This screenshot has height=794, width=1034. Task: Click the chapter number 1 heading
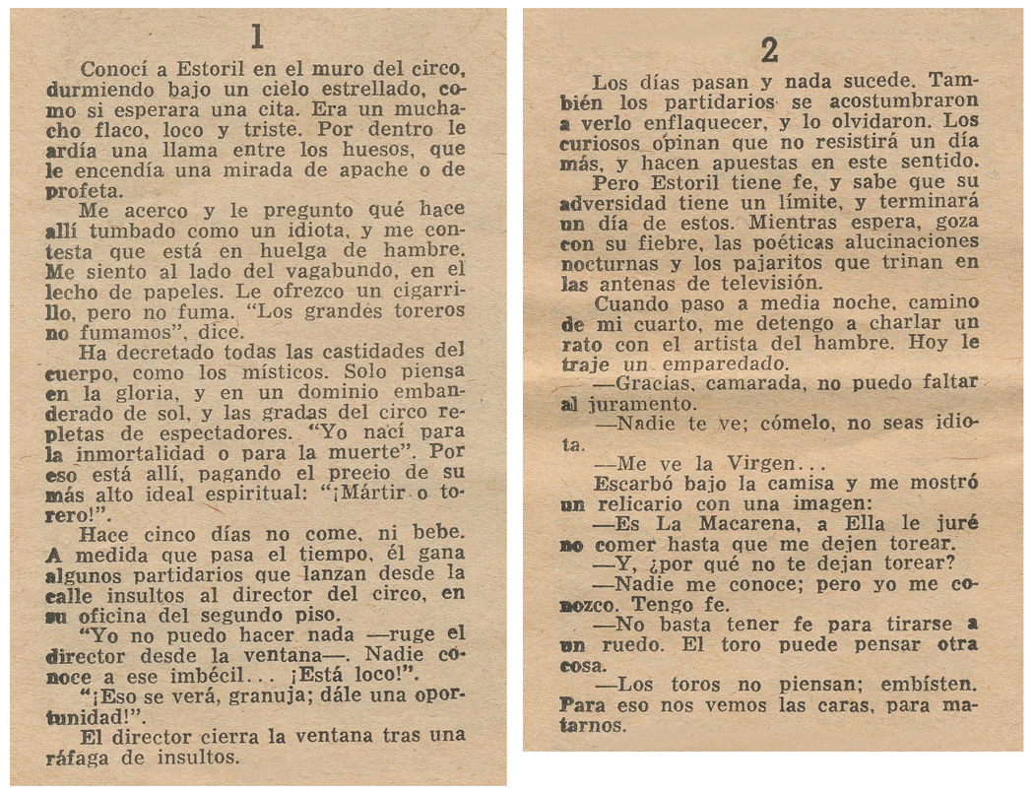click(257, 37)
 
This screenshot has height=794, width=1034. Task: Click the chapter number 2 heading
click(769, 47)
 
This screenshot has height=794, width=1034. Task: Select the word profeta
click(83, 191)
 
